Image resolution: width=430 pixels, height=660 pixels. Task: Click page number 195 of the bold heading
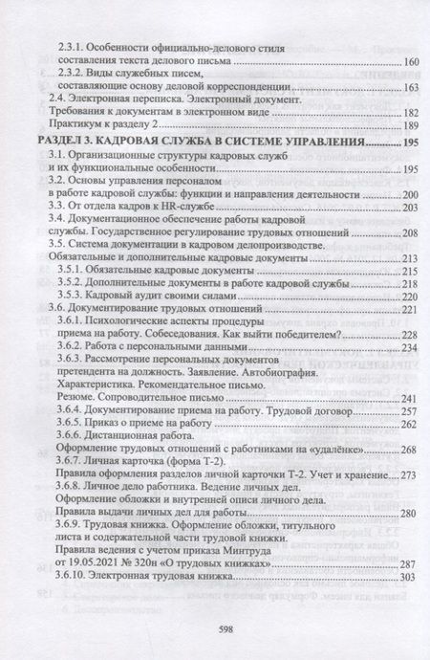click(411, 143)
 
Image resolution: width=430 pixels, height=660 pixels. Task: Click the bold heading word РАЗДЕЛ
click(67, 143)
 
